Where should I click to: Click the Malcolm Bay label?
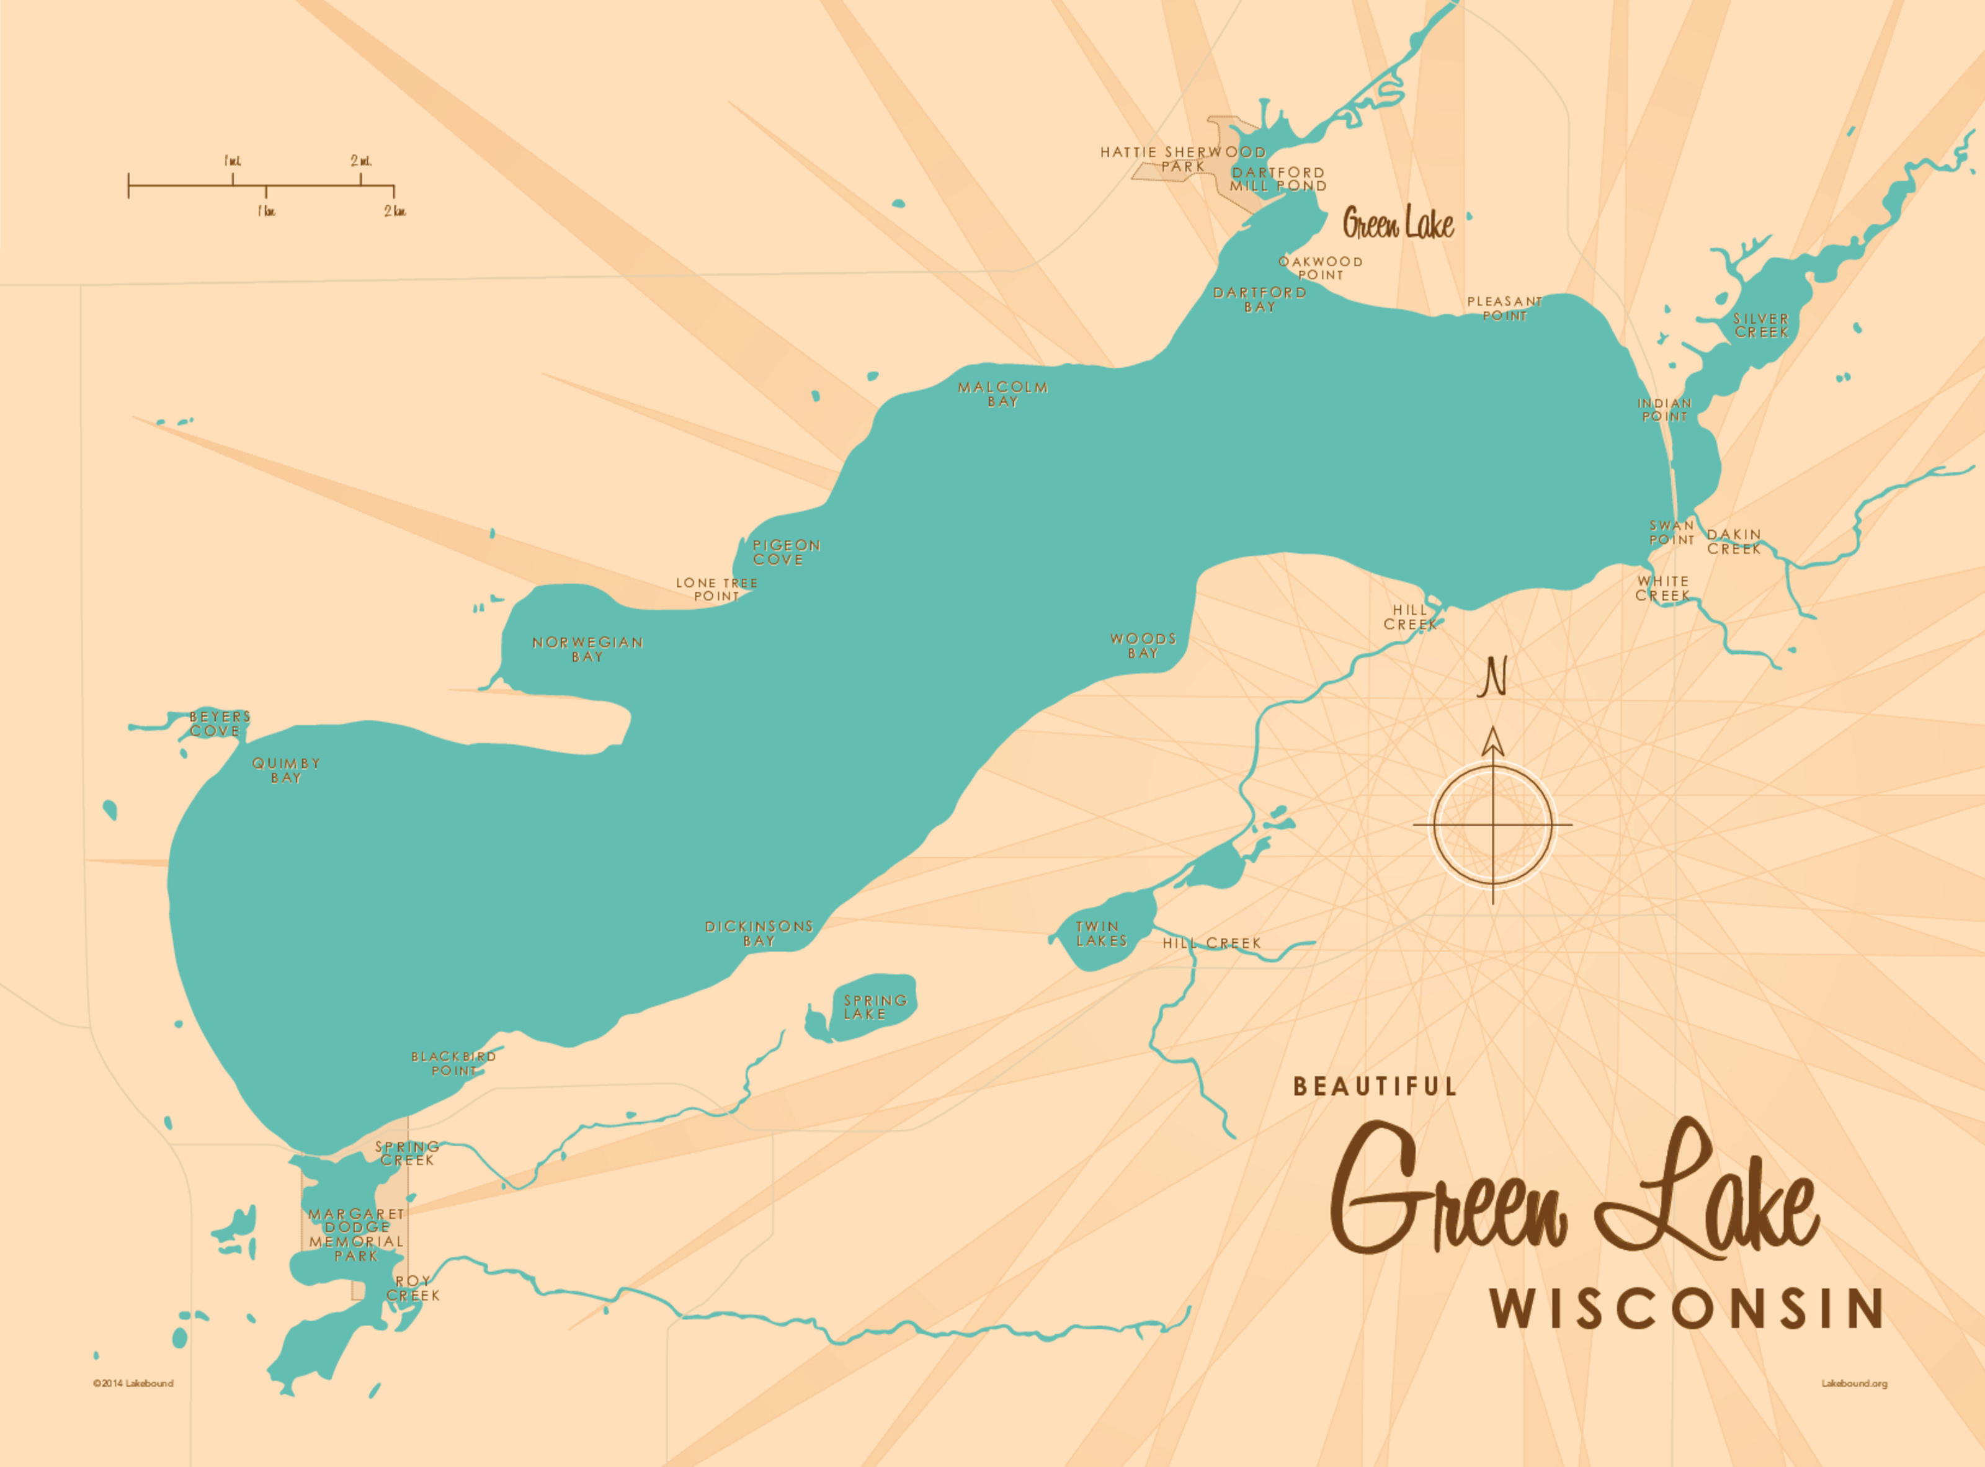pyautogui.click(x=1002, y=395)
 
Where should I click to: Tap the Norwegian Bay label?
pyautogui.click(x=587, y=649)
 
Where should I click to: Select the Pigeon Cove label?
pyautogui.click(x=785, y=552)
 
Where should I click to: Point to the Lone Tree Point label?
pyautogui.click(x=716, y=590)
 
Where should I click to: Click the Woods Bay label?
pyautogui.click(x=1143, y=646)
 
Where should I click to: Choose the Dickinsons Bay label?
pyautogui.click(x=759, y=934)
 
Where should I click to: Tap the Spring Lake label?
pyautogui.click(x=874, y=1007)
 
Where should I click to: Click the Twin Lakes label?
pyautogui.click(x=1101, y=934)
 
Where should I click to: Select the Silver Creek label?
pyautogui.click(x=1760, y=325)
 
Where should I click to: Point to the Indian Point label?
pyautogui.click(x=1664, y=409)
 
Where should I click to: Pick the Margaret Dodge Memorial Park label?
pyautogui.click(x=356, y=1234)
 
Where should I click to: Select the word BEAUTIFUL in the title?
pyautogui.click(x=1374, y=1087)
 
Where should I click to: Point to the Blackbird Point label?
pyautogui.click(x=453, y=1064)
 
